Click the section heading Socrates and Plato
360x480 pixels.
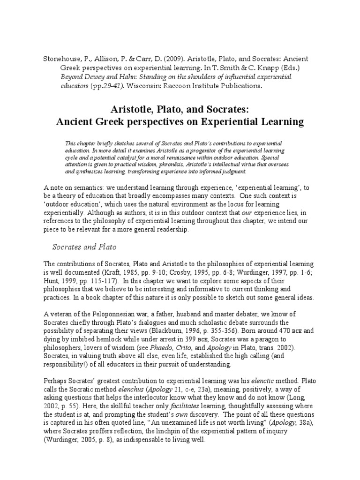tap(84, 247)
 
